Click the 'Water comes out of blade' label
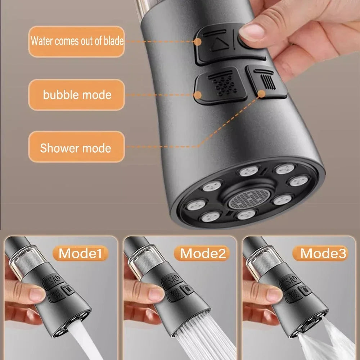[77, 41]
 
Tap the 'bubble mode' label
[77, 95]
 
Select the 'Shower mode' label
[76, 148]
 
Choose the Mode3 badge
[323, 253]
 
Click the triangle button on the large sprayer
[217, 44]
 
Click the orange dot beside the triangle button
[197, 41]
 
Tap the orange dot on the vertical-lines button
[262, 94]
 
